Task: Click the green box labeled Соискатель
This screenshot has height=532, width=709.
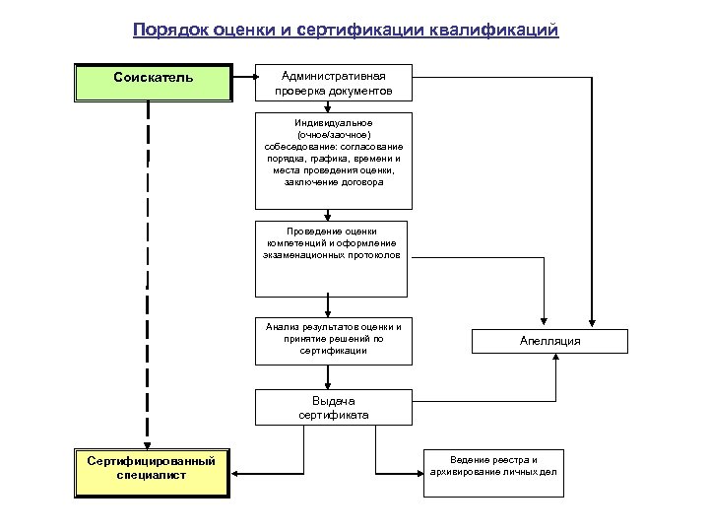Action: click(153, 83)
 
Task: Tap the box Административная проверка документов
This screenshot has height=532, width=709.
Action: click(334, 83)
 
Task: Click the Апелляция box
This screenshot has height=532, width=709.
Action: click(550, 341)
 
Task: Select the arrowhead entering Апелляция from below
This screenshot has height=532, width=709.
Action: click(556, 359)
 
